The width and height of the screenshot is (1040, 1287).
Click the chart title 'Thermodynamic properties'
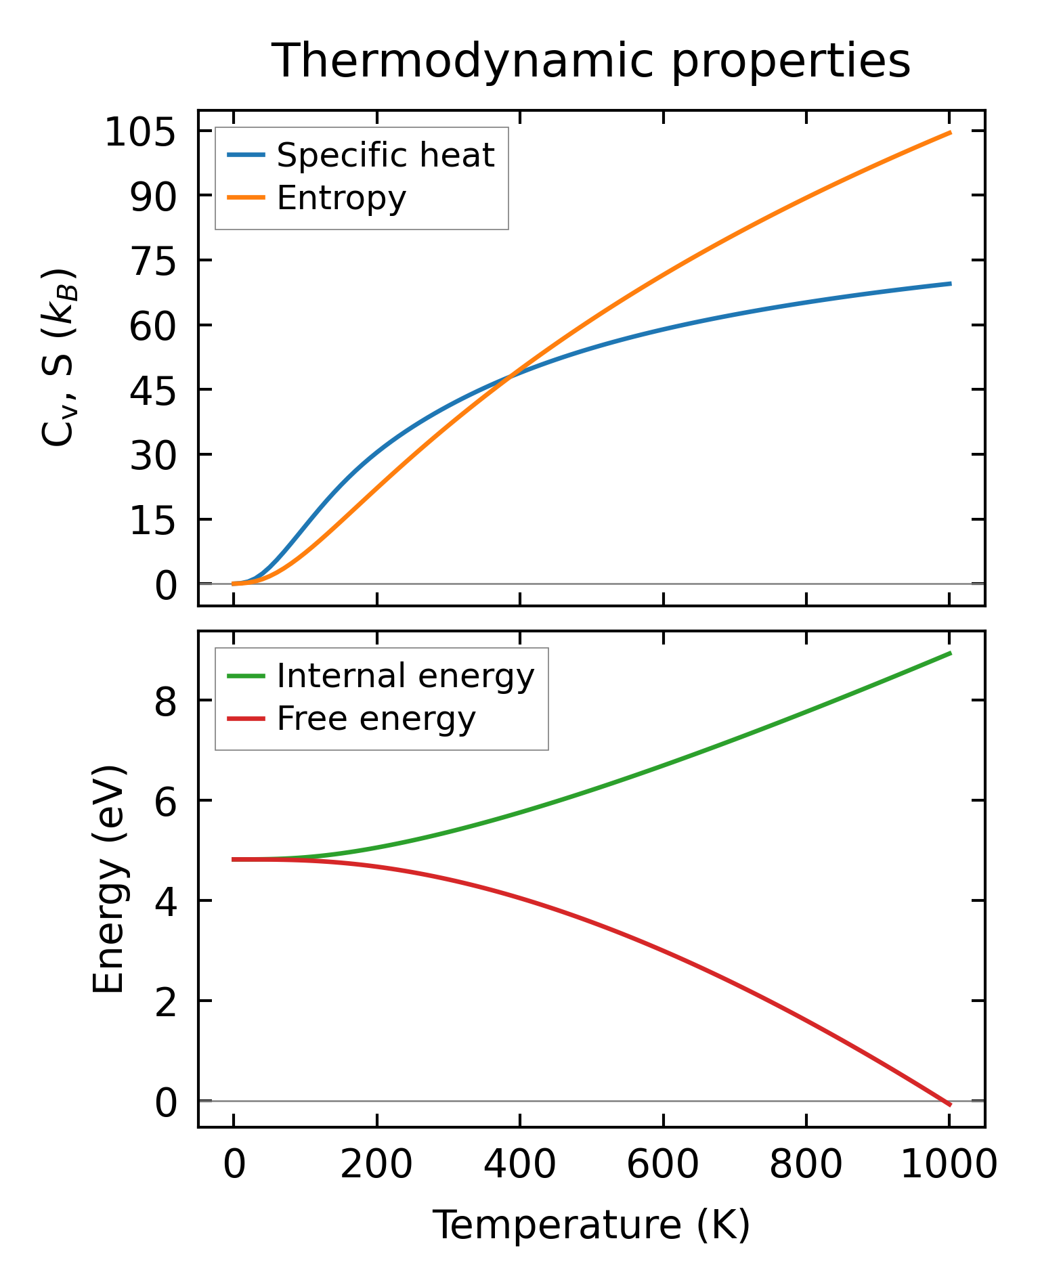[590, 62]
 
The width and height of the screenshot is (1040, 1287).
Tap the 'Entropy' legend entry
[341, 198]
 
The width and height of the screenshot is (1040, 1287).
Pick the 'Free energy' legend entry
[376, 719]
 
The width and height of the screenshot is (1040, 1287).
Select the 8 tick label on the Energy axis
[166, 701]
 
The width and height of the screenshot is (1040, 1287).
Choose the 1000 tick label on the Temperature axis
[949, 1166]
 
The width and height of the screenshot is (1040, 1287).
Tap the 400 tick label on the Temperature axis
[519, 1166]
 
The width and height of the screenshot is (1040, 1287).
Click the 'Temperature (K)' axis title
[590, 1225]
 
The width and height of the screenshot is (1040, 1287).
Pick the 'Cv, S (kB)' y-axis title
[60, 357]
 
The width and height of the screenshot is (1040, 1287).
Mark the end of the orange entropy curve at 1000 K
[950, 133]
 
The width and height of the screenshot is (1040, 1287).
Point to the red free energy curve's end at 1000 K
[950, 1104]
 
